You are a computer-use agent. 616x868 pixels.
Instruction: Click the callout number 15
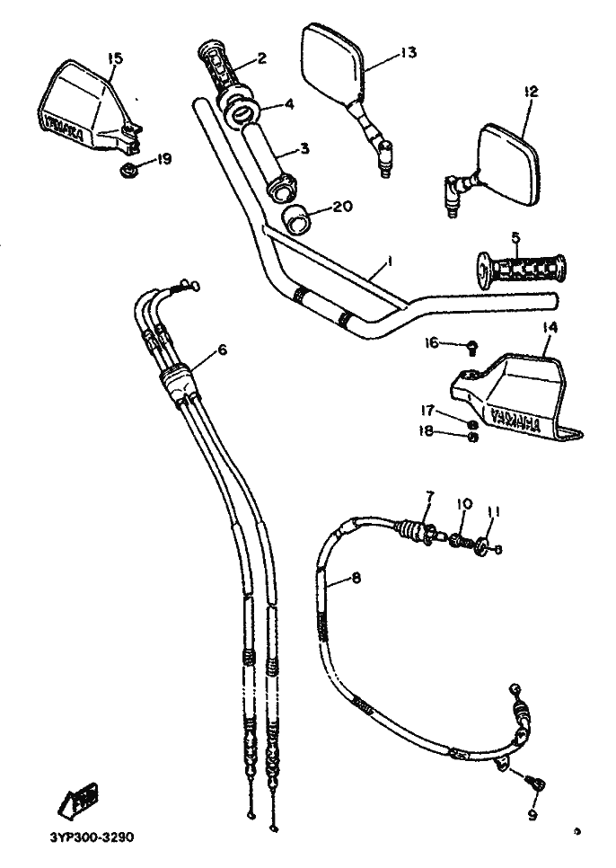point(114,58)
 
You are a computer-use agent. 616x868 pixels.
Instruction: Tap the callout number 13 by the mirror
point(408,53)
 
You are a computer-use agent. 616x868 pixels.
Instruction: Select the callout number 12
point(531,91)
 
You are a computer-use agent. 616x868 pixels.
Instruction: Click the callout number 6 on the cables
point(222,350)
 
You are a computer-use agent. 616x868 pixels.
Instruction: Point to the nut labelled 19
point(128,168)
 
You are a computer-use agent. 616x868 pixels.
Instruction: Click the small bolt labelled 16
point(471,343)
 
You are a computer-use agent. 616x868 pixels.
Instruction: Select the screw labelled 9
point(538,784)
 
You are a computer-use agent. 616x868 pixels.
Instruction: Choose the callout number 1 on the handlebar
point(390,261)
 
